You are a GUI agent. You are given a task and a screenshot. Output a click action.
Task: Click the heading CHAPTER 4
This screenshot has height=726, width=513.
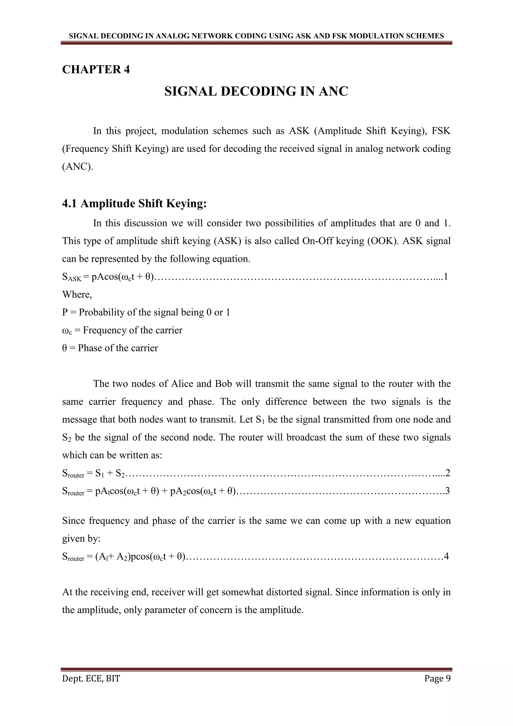(x=96, y=69)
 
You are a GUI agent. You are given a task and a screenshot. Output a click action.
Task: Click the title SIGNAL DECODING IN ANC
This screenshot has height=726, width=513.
(x=256, y=92)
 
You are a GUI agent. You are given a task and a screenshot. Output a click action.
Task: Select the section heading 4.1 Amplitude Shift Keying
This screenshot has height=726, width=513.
(x=134, y=203)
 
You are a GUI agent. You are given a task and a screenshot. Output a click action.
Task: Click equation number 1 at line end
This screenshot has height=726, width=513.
(x=446, y=277)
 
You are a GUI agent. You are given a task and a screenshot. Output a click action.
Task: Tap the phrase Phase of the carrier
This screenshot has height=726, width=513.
(x=118, y=348)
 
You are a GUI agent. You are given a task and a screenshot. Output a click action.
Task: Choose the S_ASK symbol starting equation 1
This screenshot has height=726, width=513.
(x=71, y=277)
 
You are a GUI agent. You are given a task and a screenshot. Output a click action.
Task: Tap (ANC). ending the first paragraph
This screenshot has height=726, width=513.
(x=78, y=167)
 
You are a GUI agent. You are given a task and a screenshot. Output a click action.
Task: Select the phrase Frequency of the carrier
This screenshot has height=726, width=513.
(x=132, y=330)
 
